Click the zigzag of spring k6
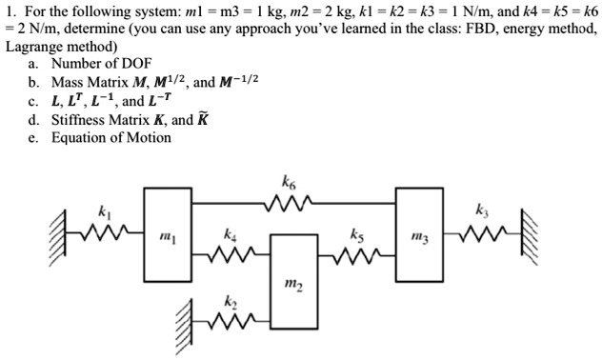288,202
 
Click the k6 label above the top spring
289,180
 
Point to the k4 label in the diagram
230,232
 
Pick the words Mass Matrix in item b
90,83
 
